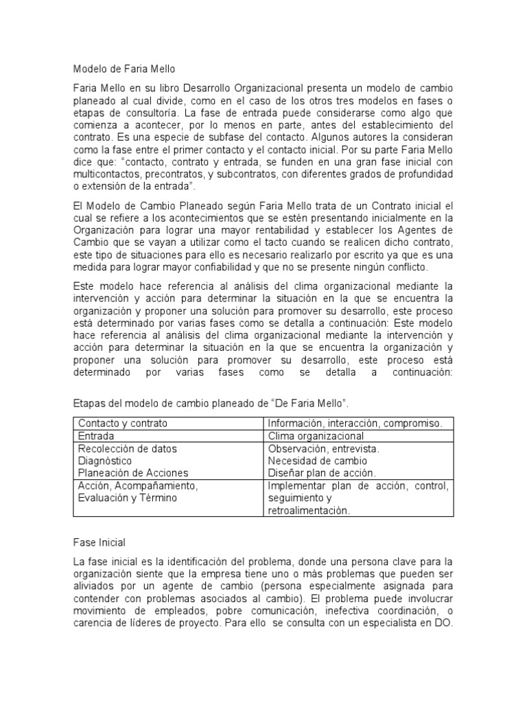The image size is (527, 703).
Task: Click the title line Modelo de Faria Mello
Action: click(x=125, y=69)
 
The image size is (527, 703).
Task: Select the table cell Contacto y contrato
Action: click(x=123, y=423)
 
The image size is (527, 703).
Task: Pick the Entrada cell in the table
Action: click(x=96, y=436)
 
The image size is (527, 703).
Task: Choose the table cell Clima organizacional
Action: click(x=316, y=436)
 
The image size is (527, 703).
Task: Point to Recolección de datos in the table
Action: click(x=127, y=448)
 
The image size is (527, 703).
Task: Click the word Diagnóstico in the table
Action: click(x=105, y=461)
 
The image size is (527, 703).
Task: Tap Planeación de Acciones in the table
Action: click(x=133, y=473)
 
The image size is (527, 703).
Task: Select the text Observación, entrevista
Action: click(x=323, y=448)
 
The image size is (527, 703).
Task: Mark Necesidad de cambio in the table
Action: click(x=317, y=461)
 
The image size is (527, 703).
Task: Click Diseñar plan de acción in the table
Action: click(x=321, y=473)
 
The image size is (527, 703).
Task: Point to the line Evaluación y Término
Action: click(x=128, y=498)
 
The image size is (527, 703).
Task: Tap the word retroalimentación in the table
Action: click(x=309, y=510)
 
